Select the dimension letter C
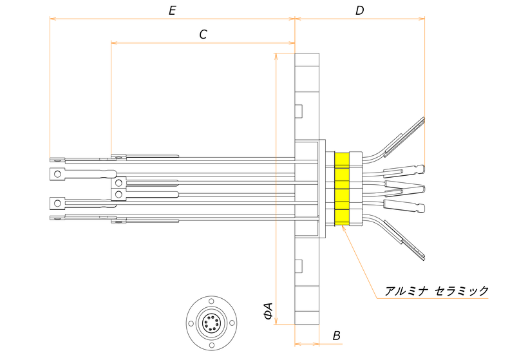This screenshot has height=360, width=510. [203, 35]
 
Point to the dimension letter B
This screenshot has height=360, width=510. [337, 336]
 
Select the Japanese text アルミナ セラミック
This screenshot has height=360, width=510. [437, 291]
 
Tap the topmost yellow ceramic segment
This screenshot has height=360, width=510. [342, 158]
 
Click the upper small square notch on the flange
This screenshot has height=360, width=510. [299, 111]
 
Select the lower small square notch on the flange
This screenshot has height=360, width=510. [299, 264]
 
